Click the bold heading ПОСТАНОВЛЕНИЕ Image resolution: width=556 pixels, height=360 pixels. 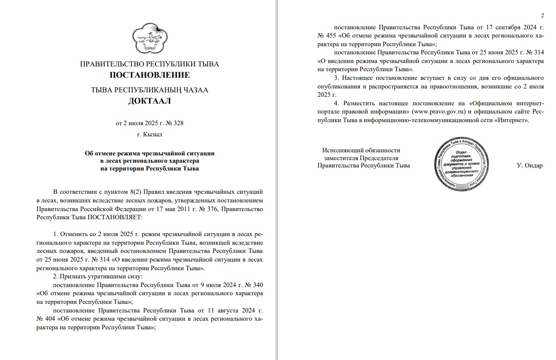pyautogui.click(x=149, y=75)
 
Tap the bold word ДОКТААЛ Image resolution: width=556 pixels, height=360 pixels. pyautogui.click(x=149, y=101)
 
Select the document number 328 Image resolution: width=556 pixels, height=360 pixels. pyautogui.click(x=178, y=123)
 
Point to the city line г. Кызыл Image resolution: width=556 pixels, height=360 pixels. pyautogui.click(x=149, y=134)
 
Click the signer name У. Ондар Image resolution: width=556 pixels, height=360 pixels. pyautogui.click(x=529, y=166)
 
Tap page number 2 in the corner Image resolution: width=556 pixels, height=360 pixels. pyautogui.click(x=542, y=16)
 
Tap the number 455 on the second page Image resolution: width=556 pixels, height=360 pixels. pyautogui.click(x=330, y=35)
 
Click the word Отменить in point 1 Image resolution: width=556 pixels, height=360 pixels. pyautogui.click(x=76, y=234)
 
